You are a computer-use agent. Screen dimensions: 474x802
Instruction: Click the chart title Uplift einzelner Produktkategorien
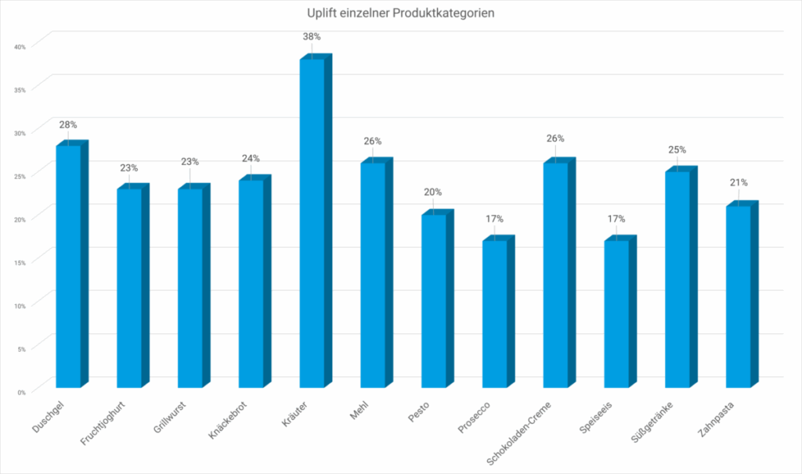pos(400,13)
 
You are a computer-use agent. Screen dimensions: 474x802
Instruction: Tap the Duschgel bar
pos(68,266)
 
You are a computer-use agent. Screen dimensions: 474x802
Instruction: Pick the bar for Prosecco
pos(494,313)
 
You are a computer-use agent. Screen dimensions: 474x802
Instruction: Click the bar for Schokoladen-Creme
pos(555,274)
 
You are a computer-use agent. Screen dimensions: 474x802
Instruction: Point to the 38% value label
pos(312,37)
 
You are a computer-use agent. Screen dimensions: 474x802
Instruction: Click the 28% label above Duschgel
pos(68,124)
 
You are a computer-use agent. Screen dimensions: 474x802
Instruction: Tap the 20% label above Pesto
pos(433,192)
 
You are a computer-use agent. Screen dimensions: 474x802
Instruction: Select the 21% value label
pos(739,183)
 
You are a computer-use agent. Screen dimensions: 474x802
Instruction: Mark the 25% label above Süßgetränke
pos(677,149)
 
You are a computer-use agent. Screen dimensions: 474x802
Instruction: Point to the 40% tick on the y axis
pos(20,46)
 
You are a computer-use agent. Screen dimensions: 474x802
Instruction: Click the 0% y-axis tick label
pos(21,392)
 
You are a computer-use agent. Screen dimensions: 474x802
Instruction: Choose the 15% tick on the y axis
pos(20,262)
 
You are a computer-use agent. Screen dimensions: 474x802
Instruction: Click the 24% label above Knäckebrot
pos(251,159)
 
